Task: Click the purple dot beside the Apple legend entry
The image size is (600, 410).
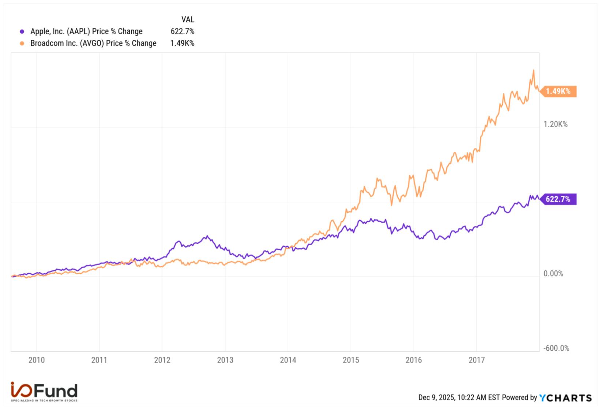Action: [x=22, y=32]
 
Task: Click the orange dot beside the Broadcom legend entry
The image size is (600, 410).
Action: [x=22, y=43]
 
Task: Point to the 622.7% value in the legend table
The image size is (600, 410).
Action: [x=182, y=31]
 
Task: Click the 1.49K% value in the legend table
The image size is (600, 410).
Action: [x=182, y=43]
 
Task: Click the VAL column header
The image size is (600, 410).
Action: [x=188, y=19]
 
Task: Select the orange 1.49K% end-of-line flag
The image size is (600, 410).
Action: [x=558, y=91]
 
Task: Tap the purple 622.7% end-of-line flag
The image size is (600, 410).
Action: [x=558, y=199]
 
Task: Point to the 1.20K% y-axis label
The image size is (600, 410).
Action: [x=555, y=124]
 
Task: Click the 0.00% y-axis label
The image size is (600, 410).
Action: [x=553, y=274]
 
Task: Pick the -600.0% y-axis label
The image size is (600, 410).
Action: [x=556, y=348]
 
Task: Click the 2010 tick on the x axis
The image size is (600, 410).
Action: [x=37, y=360]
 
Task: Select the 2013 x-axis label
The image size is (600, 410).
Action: [x=225, y=360]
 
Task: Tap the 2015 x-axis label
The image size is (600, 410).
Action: [x=351, y=360]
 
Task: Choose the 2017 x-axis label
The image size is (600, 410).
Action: [x=476, y=360]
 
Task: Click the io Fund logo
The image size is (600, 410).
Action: [x=44, y=392]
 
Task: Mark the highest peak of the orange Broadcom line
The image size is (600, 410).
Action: [x=533, y=71]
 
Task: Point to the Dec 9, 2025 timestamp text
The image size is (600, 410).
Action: [x=459, y=398]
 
